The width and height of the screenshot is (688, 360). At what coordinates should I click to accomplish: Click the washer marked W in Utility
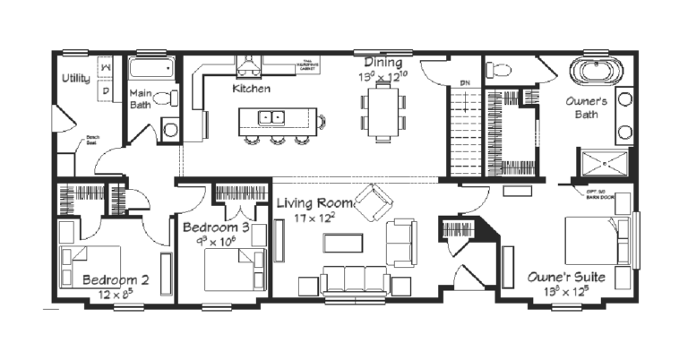tap(106, 67)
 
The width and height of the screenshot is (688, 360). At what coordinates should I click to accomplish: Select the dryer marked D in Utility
tap(106, 90)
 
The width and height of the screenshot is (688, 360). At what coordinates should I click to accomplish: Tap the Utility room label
tap(75, 78)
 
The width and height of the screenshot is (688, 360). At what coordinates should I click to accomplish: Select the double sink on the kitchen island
tap(271, 116)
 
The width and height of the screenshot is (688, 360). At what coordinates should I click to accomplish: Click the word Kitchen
tap(251, 90)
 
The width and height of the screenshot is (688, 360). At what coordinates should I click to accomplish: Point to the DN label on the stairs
tap(465, 83)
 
